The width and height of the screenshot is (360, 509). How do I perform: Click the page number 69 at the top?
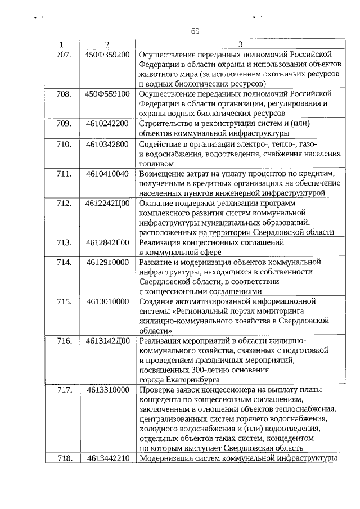click(x=195, y=31)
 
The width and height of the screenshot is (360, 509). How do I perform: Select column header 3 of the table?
click(x=240, y=45)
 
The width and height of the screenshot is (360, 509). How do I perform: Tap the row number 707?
click(x=64, y=55)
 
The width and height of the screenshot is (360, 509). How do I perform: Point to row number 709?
click(x=64, y=124)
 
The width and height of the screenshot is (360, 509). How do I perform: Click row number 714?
click(x=64, y=262)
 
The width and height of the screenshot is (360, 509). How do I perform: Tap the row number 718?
click(x=64, y=458)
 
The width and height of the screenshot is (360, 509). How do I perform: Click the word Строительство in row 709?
click(x=166, y=124)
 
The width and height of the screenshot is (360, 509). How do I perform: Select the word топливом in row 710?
click(x=156, y=164)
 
